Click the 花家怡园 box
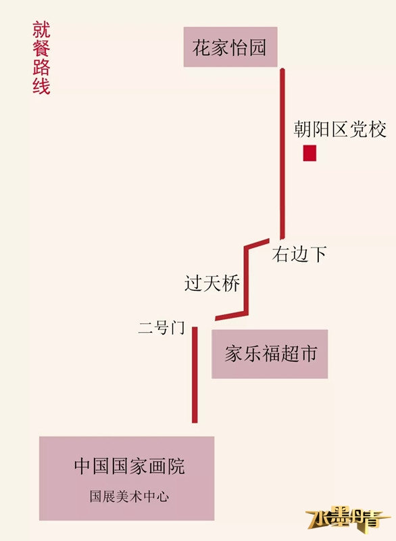(230, 47)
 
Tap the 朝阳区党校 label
(340, 129)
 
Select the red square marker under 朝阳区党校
(310, 154)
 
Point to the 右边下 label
(299, 254)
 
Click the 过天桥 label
(212, 283)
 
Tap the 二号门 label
(162, 327)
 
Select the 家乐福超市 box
(270, 354)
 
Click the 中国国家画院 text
(130, 467)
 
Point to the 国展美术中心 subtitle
(130, 496)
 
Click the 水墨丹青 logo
(348, 518)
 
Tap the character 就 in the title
(41, 30)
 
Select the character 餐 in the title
(41, 48)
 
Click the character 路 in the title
(41, 67)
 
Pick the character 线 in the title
(41, 86)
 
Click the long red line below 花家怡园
(282, 154)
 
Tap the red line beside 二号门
(195, 375)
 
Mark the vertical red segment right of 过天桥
(246, 280)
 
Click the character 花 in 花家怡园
(201, 47)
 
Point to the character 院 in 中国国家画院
(176, 467)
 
